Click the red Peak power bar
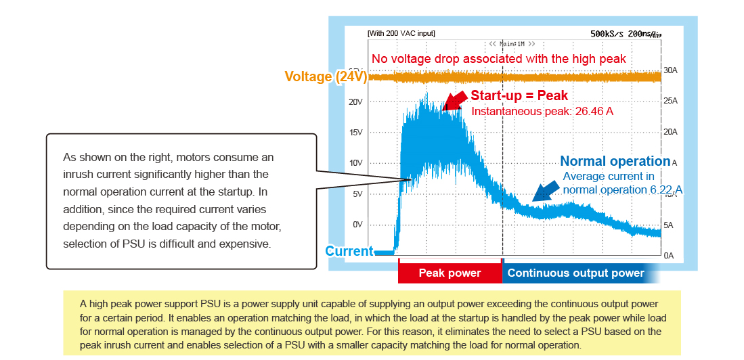450,273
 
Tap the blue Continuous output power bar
575,273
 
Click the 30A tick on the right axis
670,70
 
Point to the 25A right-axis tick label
670,101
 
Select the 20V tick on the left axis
356,102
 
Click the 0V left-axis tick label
357,224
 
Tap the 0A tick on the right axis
669,255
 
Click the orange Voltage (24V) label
326,76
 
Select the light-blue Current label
349,251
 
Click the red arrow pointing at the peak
454,99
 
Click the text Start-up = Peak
519,95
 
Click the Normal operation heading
615,161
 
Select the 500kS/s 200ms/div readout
625,33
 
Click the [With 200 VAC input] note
401,33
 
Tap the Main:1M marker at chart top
512,43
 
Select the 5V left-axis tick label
357,194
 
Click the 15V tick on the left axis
356,132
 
